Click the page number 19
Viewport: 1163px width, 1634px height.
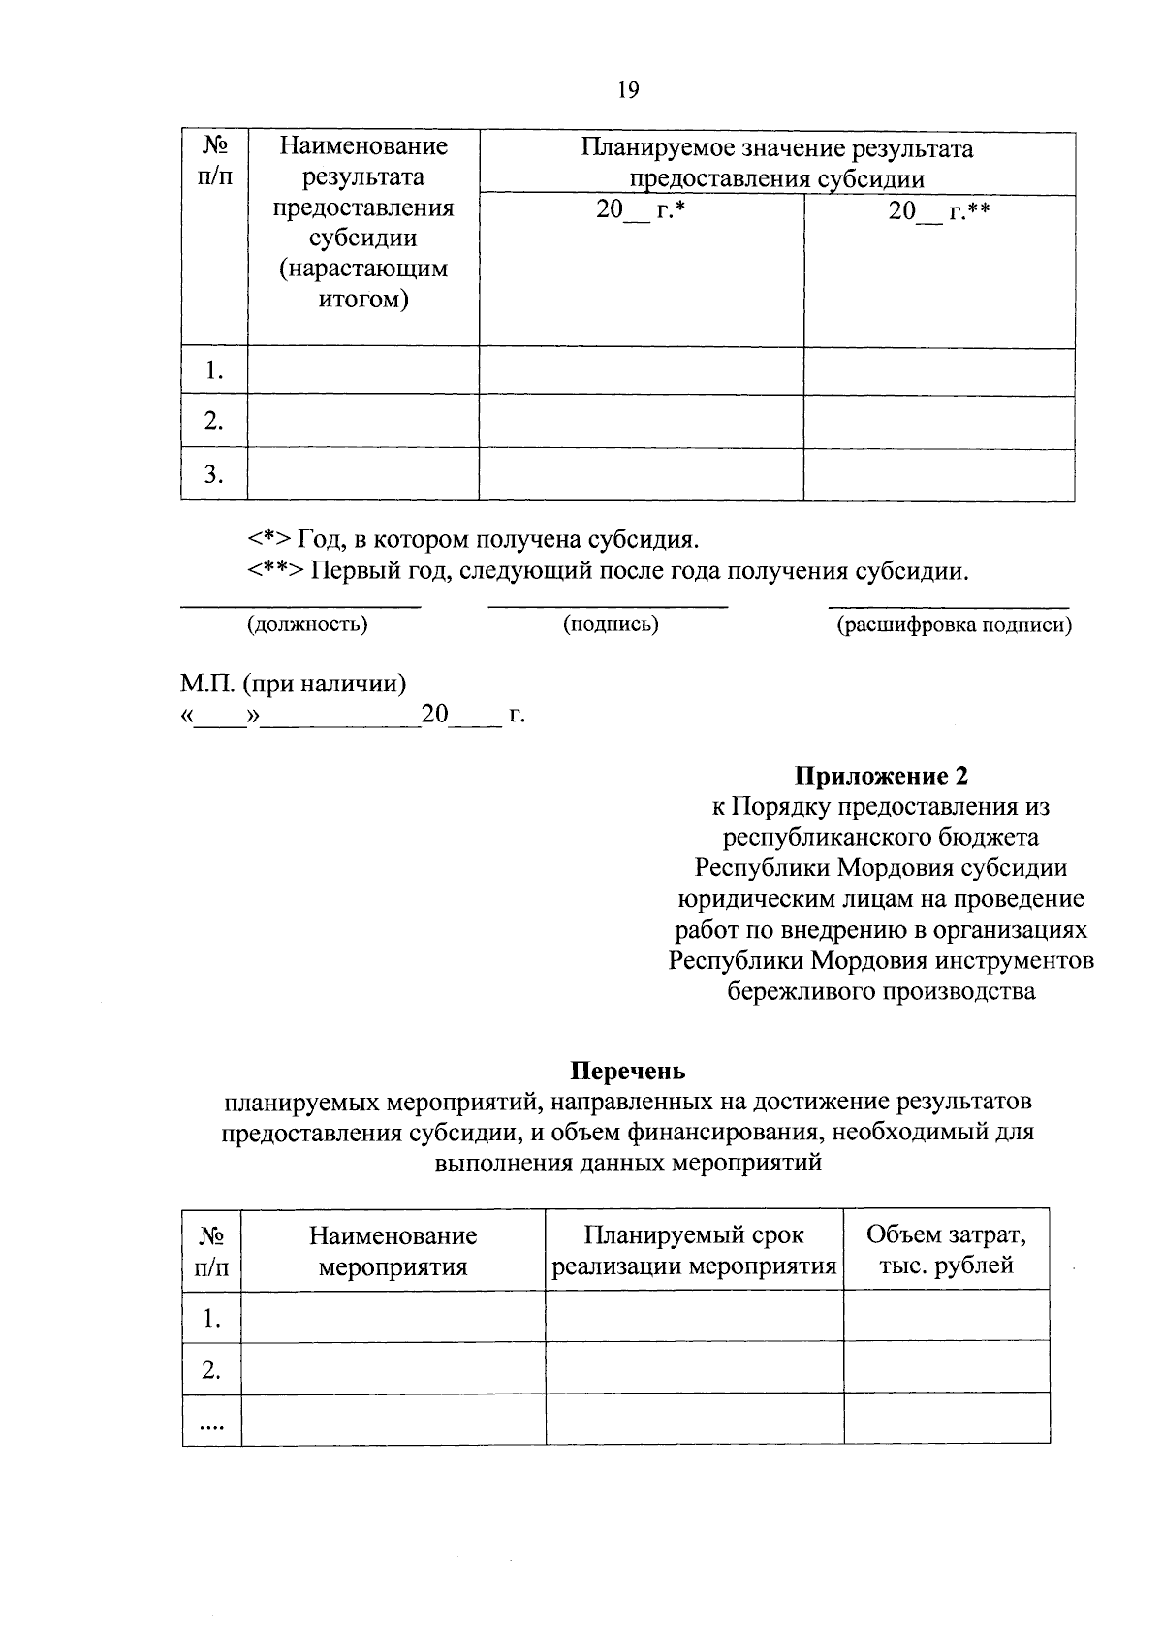coord(628,90)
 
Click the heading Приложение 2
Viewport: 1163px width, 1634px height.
coord(881,776)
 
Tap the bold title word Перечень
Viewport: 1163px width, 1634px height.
coord(628,1071)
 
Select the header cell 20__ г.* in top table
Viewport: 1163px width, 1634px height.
coord(640,210)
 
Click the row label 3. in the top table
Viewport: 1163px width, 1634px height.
coord(214,474)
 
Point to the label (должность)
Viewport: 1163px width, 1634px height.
coord(307,625)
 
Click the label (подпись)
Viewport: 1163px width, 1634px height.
coord(611,625)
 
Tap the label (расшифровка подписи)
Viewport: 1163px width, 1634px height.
coord(954,625)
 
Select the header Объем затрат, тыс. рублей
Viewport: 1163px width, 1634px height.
coord(946,1250)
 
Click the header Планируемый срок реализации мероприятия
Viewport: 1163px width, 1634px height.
coord(694,1250)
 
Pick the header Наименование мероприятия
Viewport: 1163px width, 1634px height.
coord(393,1250)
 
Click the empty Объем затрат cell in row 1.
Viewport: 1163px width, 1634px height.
coord(946,1316)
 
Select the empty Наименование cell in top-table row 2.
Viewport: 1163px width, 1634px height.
coord(363,421)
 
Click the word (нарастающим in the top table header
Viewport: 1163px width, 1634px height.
coord(363,269)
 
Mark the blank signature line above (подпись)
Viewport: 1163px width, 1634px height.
coord(608,606)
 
